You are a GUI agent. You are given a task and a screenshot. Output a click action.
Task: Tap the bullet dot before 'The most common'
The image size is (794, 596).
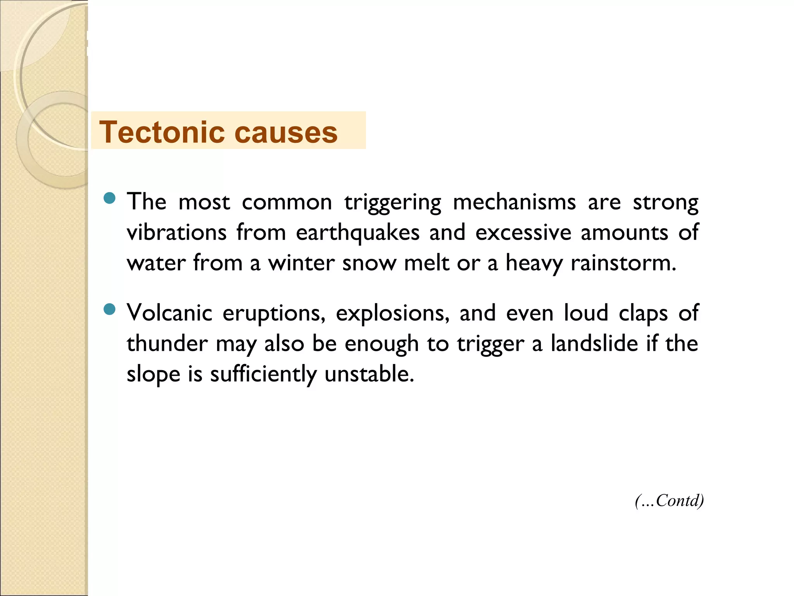(x=110, y=198)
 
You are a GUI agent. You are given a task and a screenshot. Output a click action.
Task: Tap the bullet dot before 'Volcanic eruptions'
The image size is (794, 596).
(x=110, y=309)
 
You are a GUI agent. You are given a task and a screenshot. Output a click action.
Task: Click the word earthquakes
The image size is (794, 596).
(x=357, y=233)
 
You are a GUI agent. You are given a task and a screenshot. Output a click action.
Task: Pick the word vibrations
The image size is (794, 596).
(x=176, y=232)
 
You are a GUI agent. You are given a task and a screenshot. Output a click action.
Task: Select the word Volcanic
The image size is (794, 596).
(x=169, y=313)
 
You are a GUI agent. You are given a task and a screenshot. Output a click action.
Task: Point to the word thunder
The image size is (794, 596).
(x=167, y=344)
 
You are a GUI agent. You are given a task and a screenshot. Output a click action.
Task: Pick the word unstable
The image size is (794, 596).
(x=369, y=374)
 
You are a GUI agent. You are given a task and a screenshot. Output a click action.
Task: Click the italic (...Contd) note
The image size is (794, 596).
(x=669, y=501)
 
